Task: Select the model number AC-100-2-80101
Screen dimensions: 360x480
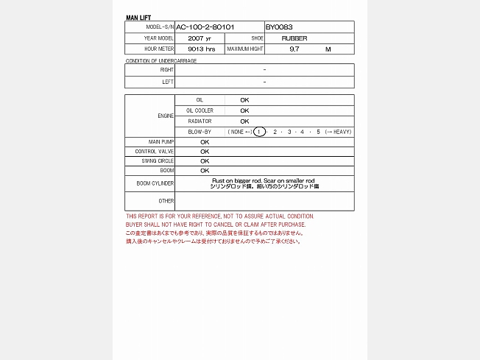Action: (205, 27)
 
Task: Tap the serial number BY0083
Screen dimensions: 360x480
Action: (279, 27)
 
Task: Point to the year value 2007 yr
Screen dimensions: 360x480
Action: (200, 38)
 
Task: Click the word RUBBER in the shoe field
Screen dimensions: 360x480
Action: (294, 38)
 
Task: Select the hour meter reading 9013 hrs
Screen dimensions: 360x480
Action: (201, 49)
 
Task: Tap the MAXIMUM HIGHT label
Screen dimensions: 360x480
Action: (245, 49)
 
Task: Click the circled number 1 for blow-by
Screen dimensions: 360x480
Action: (259, 132)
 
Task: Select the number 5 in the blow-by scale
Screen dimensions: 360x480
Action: (319, 132)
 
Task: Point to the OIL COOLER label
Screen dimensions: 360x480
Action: (200, 110)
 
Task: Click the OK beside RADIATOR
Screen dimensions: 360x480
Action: (244, 121)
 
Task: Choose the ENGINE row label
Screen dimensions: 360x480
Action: (166, 116)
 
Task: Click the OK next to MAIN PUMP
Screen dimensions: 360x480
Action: (205, 141)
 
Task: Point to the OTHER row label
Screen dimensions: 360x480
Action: (166, 201)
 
